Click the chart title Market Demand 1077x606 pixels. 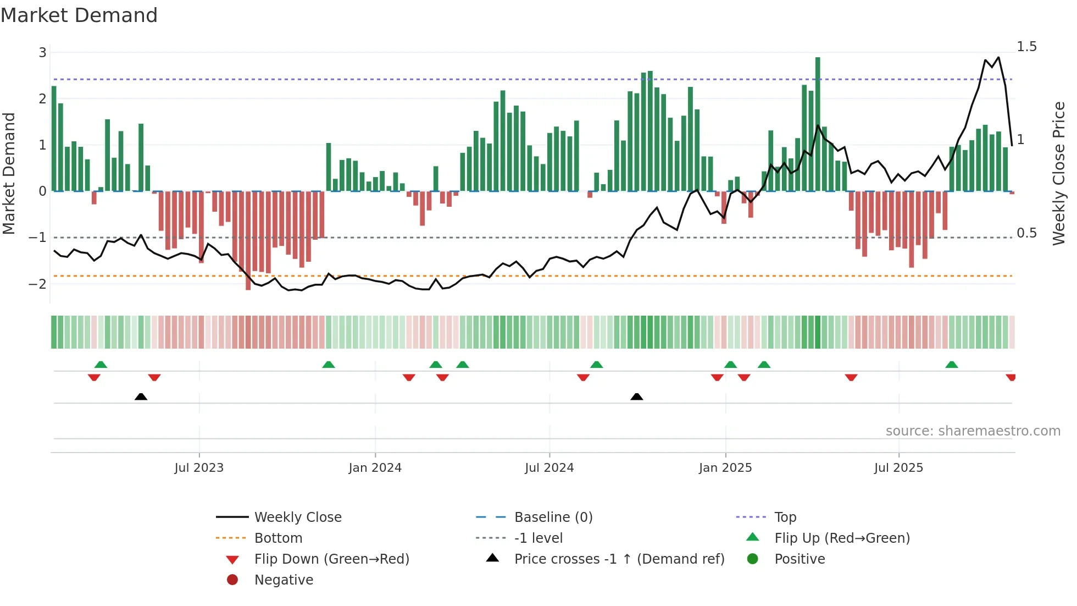coord(79,15)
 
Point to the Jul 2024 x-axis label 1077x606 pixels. coord(549,468)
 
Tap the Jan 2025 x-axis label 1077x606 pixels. coord(725,468)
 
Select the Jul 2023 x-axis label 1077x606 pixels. coord(199,468)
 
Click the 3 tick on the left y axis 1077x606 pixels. coord(42,53)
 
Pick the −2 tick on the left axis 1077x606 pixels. coord(38,284)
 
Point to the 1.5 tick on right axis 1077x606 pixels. coord(1026,47)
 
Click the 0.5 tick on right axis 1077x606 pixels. coord(1026,233)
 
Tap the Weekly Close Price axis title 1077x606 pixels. coord(1058,173)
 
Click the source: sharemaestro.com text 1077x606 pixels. coord(973,431)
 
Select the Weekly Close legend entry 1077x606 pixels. coord(297,517)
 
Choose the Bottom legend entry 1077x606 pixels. coord(278,538)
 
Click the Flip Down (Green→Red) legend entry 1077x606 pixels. coord(331,559)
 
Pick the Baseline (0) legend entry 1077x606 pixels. coord(553,517)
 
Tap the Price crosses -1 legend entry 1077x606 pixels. coord(619,559)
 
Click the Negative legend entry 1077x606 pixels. coord(284,580)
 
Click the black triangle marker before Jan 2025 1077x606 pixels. coord(637,396)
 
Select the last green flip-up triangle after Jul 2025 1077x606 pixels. coord(952,365)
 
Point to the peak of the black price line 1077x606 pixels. coord(998,57)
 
